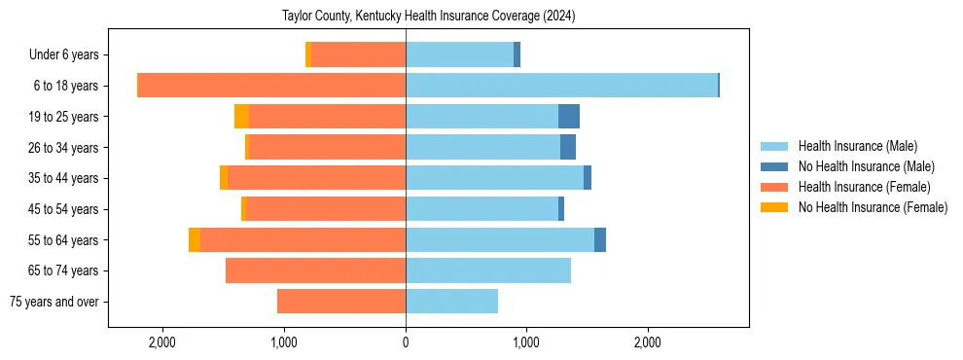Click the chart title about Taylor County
click(429, 17)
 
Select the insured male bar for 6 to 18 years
click(561, 86)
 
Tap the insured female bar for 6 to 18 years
click(271, 86)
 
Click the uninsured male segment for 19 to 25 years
click(569, 117)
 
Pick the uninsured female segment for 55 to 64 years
click(195, 240)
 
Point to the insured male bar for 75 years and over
click(451, 302)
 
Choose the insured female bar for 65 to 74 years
click(315, 270)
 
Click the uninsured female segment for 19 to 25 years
click(241, 117)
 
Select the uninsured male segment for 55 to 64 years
click(600, 240)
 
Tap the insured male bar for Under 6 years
click(459, 55)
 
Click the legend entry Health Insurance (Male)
click(852, 146)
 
